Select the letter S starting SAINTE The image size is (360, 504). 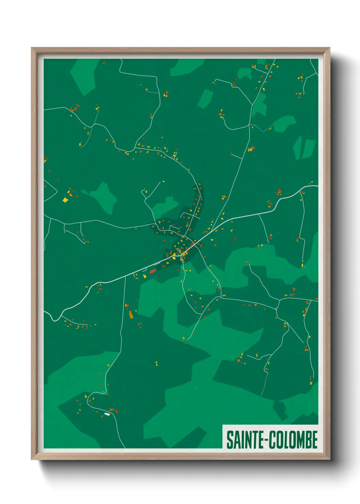coord(229,440)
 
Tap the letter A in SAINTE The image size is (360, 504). coord(235,440)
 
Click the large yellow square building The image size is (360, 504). coord(65,200)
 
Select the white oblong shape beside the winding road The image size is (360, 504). coord(107,414)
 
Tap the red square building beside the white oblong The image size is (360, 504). coord(117,411)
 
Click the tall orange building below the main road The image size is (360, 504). coord(131,314)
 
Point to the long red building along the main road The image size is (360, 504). coord(152,271)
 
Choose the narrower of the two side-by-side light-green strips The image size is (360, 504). coord(297,148)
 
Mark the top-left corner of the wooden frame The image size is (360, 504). coord(32,48)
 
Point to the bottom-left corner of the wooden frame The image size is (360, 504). coord(32,459)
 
